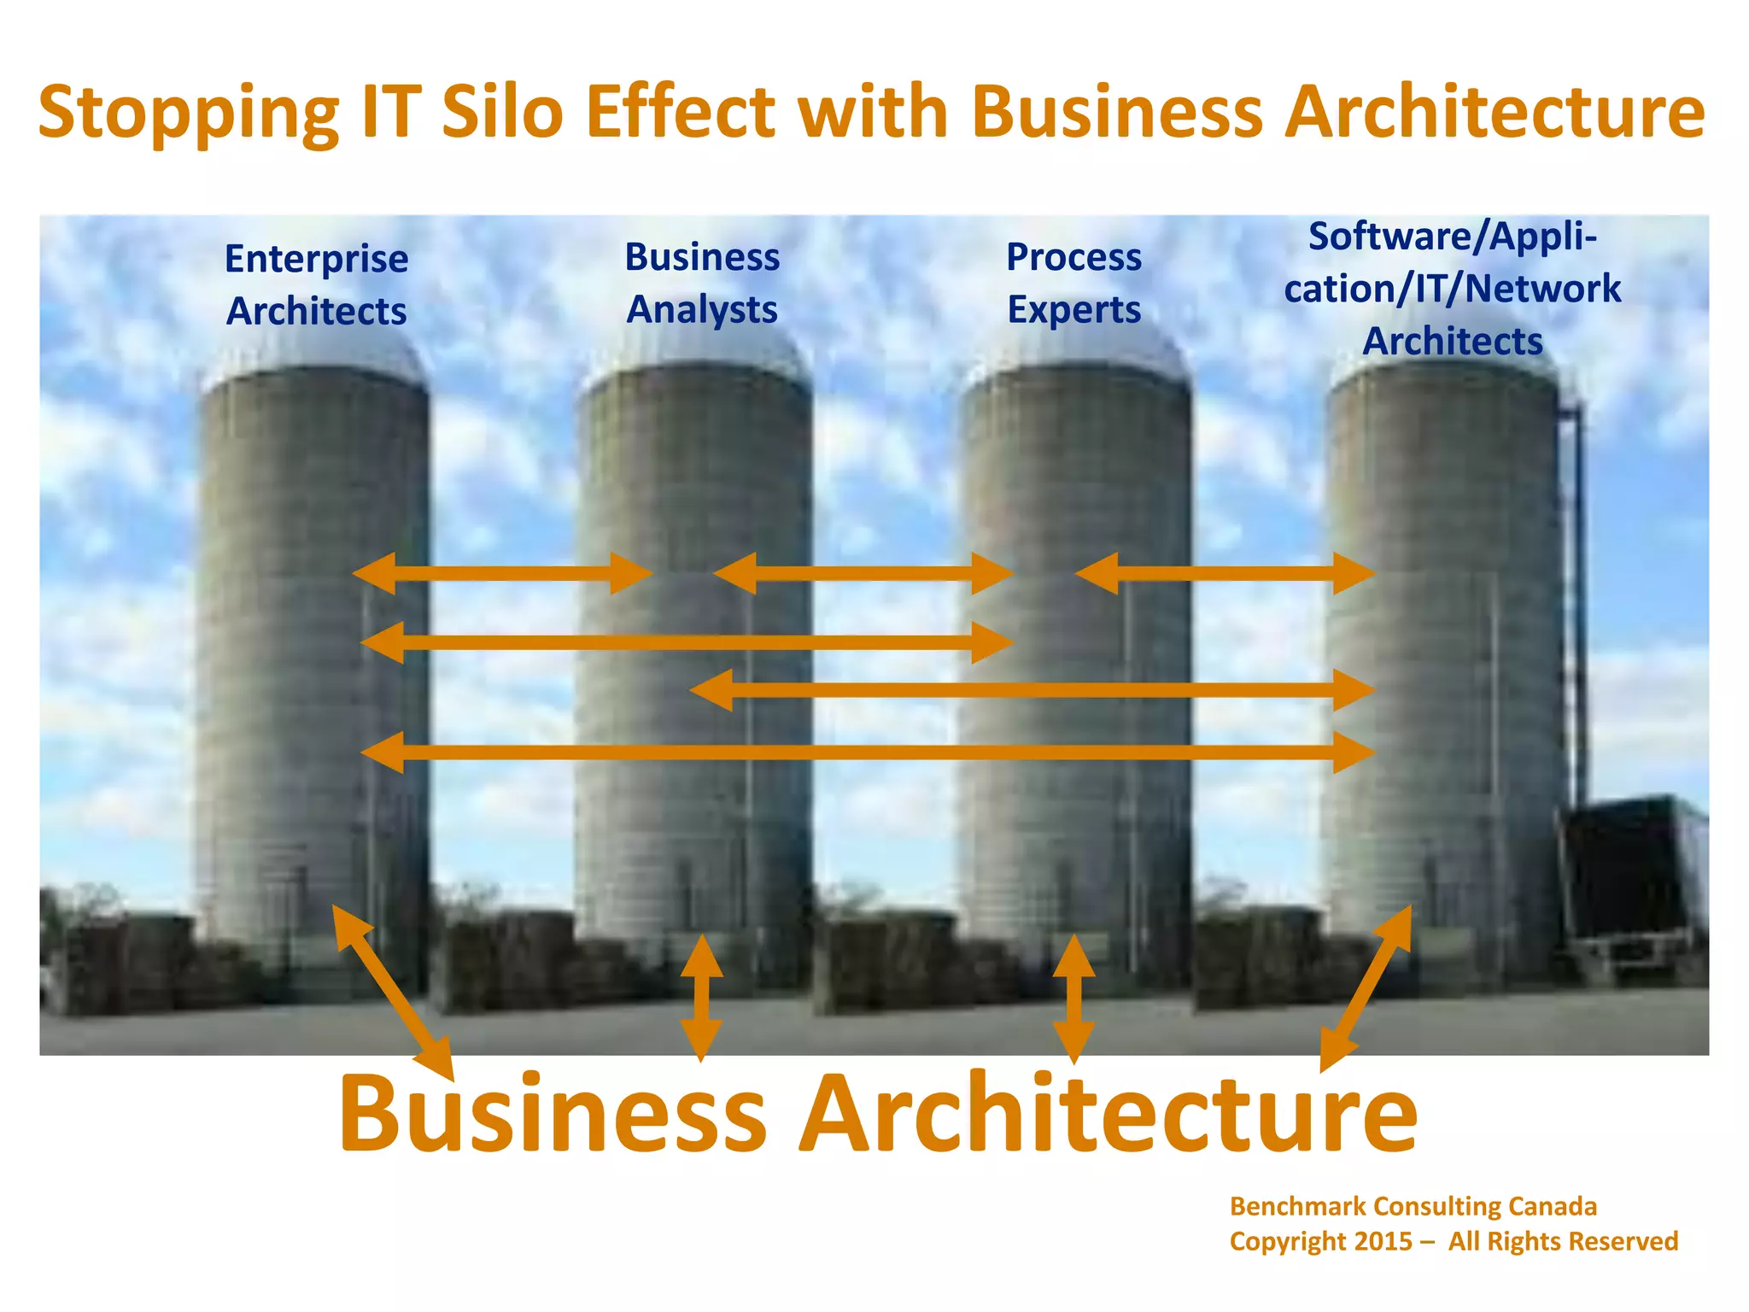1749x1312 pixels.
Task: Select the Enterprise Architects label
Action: tap(317, 284)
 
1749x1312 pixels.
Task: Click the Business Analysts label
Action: tap(702, 283)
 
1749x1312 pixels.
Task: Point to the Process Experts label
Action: tap(1073, 283)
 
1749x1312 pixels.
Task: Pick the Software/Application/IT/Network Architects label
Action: tap(1452, 289)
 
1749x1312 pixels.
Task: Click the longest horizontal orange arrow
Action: tap(867, 753)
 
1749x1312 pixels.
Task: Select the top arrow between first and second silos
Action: tap(502, 573)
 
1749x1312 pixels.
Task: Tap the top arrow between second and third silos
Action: tap(863, 573)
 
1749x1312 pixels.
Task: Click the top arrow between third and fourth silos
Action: tap(1225, 573)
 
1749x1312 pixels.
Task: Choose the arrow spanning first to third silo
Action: tap(687, 642)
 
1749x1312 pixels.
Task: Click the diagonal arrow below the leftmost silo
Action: tap(392, 992)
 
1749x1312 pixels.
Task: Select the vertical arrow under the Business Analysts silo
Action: tap(701, 997)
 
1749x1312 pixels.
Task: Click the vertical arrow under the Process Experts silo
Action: tap(1073, 998)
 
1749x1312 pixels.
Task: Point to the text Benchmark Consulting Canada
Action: tap(1413, 1206)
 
